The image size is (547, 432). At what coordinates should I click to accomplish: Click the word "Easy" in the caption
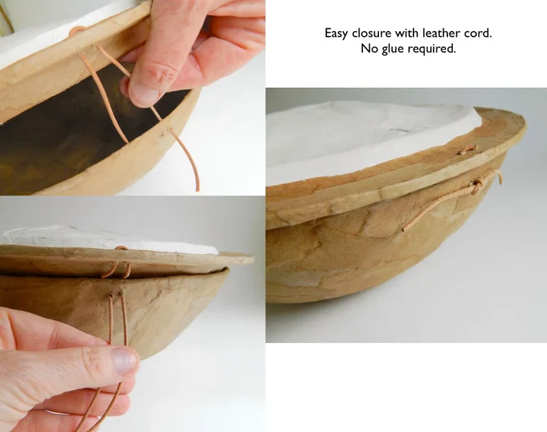click(x=337, y=33)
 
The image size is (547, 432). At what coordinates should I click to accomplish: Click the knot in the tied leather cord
click(x=477, y=184)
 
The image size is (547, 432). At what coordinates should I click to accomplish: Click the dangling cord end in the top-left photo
click(x=196, y=187)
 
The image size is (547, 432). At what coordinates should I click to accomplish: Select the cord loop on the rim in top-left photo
click(x=77, y=31)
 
